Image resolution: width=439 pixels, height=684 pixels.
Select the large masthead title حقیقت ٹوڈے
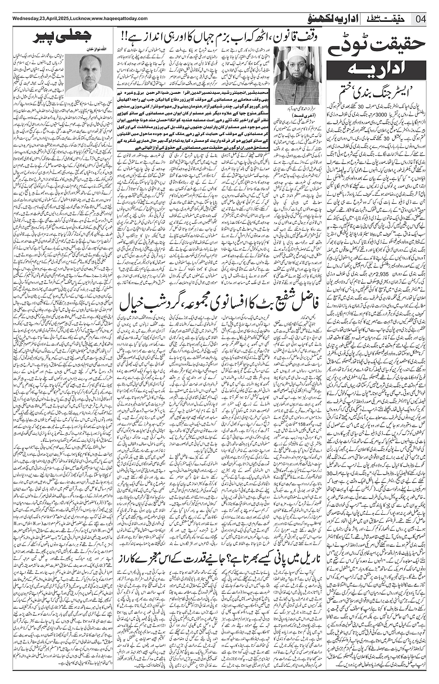pos(380,46)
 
